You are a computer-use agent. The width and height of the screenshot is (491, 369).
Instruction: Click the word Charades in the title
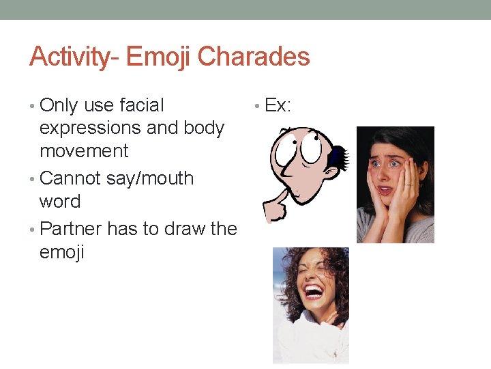pyautogui.click(x=254, y=57)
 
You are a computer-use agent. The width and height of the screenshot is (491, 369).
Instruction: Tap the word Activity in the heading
pyautogui.click(x=69, y=57)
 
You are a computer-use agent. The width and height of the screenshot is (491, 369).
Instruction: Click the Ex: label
pyautogui.click(x=278, y=105)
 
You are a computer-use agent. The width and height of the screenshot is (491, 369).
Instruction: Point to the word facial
pyautogui.click(x=142, y=105)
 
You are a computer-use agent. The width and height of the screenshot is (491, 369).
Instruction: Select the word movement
pyautogui.click(x=84, y=150)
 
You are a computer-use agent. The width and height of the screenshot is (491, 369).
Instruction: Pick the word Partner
pyautogui.click(x=71, y=228)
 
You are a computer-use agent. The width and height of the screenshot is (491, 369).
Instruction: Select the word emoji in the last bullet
pyautogui.click(x=62, y=252)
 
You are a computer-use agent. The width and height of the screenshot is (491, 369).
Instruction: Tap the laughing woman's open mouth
pyautogui.click(x=313, y=291)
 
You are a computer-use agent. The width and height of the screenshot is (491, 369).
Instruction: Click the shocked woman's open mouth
pyautogui.click(x=385, y=190)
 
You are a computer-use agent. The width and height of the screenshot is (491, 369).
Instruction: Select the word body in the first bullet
pyautogui.click(x=204, y=128)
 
